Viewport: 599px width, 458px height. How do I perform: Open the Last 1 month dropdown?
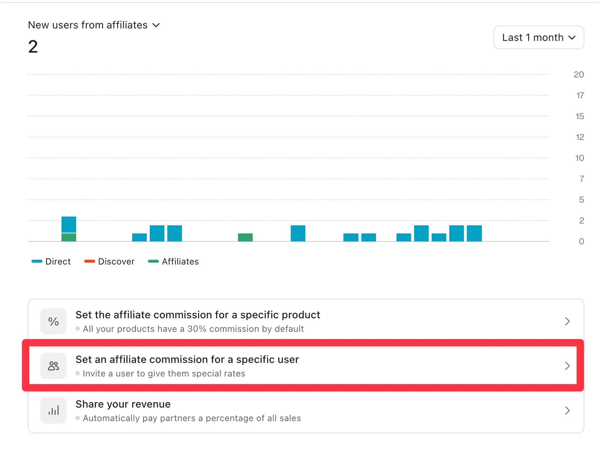(x=538, y=37)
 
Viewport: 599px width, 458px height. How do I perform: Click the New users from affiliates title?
(x=88, y=25)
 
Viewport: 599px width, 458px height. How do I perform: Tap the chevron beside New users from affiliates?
(x=156, y=25)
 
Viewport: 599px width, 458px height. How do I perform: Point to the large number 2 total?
(x=33, y=47)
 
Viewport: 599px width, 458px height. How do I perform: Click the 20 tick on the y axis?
(x=578, y=74)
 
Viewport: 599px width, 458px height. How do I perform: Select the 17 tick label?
(x=580, y=95)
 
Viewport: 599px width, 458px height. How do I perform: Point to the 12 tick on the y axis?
(x=580, y=137)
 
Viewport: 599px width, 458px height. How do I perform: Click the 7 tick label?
(x=581, y=179)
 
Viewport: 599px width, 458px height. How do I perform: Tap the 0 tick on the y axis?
(x=581, y=241)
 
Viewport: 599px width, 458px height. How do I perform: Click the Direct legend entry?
(x=51, y=261)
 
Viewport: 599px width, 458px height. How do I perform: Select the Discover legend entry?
(x=109, y=261)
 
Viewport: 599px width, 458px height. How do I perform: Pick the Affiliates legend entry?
(x=173, y=261)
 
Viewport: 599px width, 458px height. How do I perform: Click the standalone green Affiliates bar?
(x=245, y=237)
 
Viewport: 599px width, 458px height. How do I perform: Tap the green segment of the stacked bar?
(x=69, y=237)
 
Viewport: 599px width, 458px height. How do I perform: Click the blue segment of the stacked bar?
(x=69, y=225)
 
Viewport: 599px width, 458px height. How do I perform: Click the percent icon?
(x=54, y=321)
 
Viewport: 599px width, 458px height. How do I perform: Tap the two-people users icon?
(x=54, y=366)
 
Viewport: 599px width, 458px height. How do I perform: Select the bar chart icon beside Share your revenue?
(x=54, y=410)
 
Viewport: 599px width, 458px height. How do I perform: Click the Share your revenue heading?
(x=123, y=404)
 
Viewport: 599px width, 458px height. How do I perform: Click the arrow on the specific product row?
(x=567, y=321)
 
